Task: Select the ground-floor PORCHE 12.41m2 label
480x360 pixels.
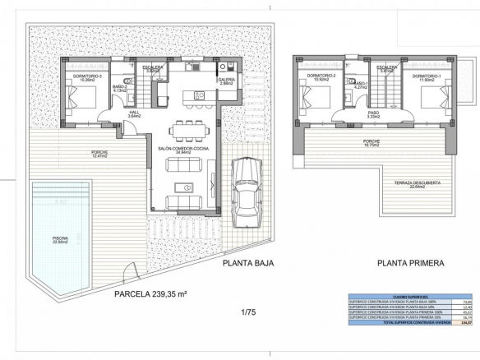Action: (99, 154)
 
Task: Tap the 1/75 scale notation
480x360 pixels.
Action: (248, 312)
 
